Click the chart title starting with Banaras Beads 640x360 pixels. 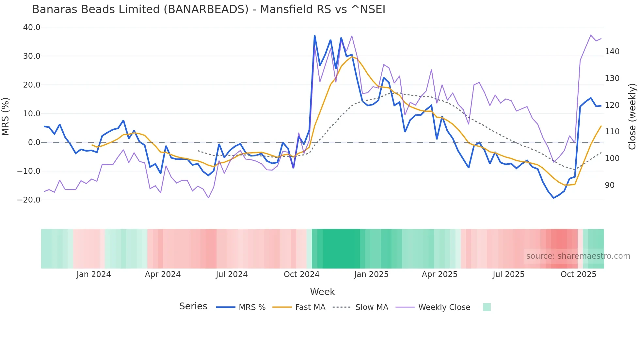pos(209,9)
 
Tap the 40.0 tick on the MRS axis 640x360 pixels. pos(32,27)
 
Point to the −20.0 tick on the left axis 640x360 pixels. pos(29,200)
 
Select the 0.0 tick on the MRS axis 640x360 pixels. pos(34,142)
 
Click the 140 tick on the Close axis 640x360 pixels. pos(612,52)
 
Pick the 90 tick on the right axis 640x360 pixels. pos(609,185)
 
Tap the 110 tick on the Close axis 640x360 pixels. pos(612,132)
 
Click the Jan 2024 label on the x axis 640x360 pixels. pos(94,274)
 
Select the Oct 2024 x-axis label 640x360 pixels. pos(301,274)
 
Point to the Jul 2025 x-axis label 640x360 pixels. pos(508,274)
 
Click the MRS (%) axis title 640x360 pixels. pos(6,117)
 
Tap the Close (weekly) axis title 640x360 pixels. pos(632,117)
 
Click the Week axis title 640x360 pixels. pos(322,292)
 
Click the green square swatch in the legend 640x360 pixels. pos(487,307)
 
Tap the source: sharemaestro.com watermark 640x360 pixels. pos(578,256)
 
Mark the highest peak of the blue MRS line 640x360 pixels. pos(314,36)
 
